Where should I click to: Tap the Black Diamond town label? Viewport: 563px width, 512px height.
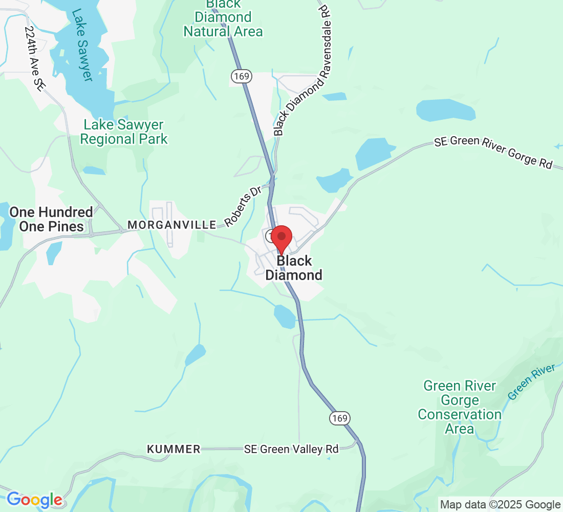[294, 268]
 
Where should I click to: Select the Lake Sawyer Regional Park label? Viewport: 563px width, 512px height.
[124, 132]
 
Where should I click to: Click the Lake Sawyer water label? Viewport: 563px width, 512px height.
[81, 45]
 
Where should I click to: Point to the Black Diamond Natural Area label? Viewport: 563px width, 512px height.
[223, 18]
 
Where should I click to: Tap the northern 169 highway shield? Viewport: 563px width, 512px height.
[241, 76]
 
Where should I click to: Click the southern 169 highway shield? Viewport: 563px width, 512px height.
[340, 418]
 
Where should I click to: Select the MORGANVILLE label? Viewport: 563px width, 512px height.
[171, 225]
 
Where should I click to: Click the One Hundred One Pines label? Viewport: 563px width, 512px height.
[51, 219]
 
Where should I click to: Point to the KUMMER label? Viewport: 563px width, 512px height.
[174, 449]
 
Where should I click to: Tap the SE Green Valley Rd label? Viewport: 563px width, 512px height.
[291, 449]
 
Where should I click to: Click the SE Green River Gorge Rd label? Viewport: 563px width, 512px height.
[493, 152]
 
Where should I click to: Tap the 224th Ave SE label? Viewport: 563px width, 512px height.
[34, 59]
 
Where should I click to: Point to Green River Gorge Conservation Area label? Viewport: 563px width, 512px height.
[459, 407]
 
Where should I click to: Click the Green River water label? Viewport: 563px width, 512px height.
[531, 381]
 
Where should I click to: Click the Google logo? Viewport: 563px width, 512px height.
[34, 500]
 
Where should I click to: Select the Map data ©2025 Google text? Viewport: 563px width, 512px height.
[500, 504]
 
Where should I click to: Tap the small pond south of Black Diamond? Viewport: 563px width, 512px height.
[285, 316]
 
